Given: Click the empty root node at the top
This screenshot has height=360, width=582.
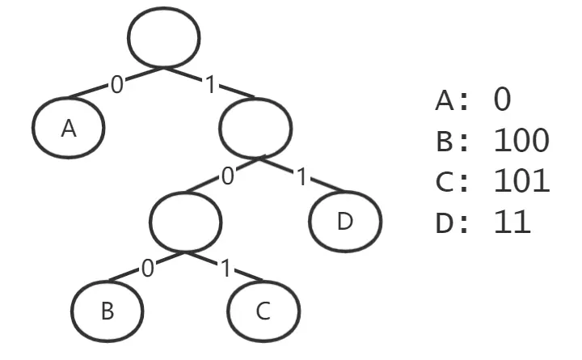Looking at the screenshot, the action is tap(164, 36).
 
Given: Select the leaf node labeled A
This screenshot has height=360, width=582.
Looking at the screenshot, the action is tap(69, 128).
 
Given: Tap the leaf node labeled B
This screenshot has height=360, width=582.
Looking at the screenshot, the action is tap(107, 311).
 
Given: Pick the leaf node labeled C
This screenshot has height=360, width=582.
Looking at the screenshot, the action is tap(264, 311).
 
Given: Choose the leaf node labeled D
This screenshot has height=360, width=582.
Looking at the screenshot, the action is tap(345, 220).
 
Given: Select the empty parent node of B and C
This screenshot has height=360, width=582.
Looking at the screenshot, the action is tap(185, 220).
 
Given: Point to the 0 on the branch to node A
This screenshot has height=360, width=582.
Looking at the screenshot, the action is tap(117, 84).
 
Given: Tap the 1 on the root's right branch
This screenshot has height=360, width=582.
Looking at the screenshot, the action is tap(211, 84).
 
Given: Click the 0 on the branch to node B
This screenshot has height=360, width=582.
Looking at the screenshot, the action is tap(146, 268).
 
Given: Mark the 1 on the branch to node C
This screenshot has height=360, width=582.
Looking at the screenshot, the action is tap(226, 268).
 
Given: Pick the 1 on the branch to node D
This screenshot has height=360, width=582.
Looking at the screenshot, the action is tap(302, 176).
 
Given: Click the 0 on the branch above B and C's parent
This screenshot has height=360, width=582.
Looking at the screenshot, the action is tap(228, 176).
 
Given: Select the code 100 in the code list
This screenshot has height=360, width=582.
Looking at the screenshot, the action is tap(521, 141).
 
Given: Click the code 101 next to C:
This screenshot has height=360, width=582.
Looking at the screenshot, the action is tap(521, 180).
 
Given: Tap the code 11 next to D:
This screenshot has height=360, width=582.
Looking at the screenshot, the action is tap(511, 221).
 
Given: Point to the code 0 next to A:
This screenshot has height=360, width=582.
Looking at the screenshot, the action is tap(502, 100).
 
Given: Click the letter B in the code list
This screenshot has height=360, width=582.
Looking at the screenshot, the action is tap(445, 142).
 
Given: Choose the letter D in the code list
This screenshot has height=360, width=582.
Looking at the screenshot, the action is tap(445, 222).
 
